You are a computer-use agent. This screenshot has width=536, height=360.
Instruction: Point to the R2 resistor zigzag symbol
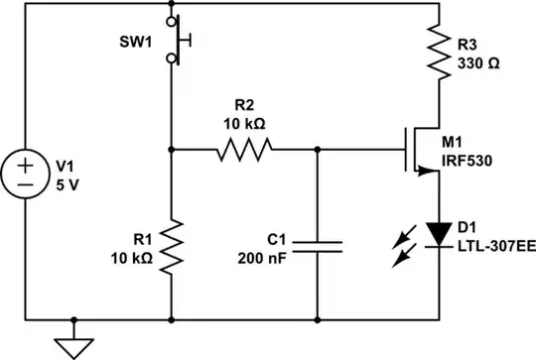coord(244,151)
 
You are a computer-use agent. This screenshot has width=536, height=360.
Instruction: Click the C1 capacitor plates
coord(318,245)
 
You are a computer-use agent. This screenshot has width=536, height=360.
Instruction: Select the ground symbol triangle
coord(70,343)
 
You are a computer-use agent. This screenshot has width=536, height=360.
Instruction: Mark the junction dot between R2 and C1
coord(318,151)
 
